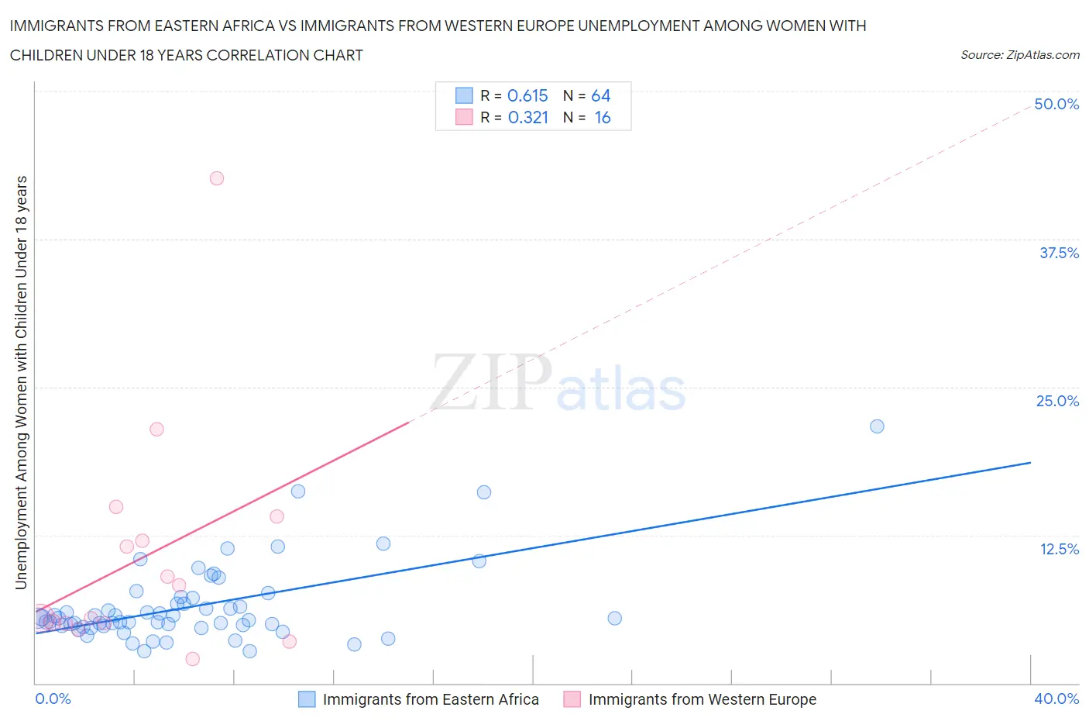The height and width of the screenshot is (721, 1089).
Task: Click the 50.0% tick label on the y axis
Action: [1056, 104]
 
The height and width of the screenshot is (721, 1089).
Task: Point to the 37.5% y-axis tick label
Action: [1059, 253]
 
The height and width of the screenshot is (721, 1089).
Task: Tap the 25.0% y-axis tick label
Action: [1057, 401]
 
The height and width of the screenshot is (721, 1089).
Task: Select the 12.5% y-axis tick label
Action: [1059, 549]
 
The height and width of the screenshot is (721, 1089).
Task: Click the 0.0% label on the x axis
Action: [53, 699]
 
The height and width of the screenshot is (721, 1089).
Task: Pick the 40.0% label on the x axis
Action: [1056, 699]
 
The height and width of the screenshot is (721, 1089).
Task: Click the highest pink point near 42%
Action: [217, 178]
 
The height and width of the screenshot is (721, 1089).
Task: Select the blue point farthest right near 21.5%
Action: [877, 426]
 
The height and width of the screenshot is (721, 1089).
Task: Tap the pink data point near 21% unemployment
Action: [156, 429]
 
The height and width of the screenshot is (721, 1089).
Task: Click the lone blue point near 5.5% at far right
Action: [615, 618]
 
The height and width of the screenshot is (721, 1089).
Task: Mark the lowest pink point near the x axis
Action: [193, 659]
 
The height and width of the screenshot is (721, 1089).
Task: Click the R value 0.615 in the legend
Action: [527, 95]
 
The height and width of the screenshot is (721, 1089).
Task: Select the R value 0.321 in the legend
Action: [527, 117]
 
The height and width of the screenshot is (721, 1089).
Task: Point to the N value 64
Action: [601, 95]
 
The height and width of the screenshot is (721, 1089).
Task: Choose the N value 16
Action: [603, 117]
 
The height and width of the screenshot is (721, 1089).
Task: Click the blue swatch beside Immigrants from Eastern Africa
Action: [307, 699]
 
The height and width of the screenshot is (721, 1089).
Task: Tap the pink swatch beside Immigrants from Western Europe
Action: [572, 699]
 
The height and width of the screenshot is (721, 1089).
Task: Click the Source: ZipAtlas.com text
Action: [1019, 55]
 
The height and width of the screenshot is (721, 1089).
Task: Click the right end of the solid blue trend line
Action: [1030, 462]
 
